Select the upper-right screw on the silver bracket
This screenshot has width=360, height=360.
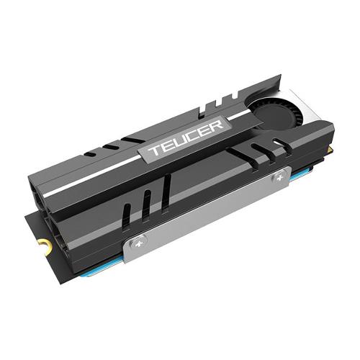point(279,178)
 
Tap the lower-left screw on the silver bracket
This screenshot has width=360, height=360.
point(138,245)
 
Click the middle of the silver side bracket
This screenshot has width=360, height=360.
point(208,215)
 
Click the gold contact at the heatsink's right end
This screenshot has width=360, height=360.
point(330,150)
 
